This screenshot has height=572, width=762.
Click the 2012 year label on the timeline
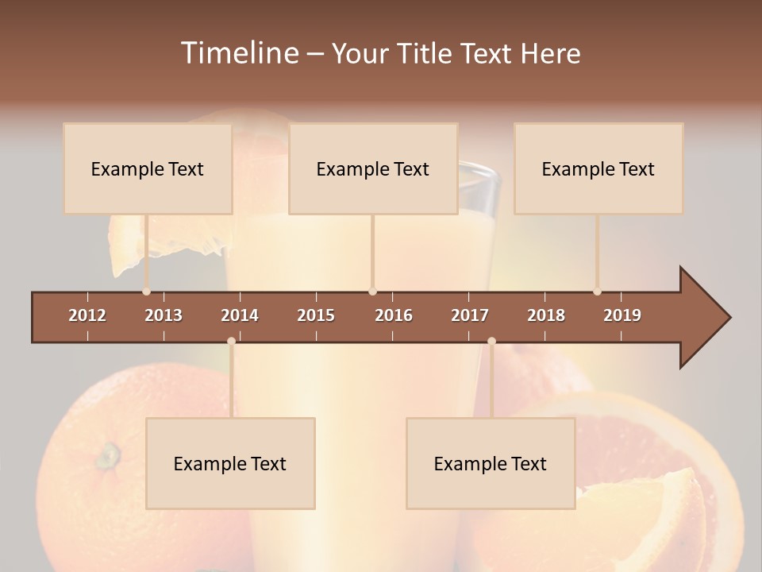tap(87, 315)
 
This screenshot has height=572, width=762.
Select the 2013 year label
tap(164, 315)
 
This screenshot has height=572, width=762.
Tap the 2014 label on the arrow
tap(240, 315)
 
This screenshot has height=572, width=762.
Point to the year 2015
tap(316, 315)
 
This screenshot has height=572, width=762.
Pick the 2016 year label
tap(394, 315)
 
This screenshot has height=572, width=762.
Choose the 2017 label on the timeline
tap(470, 315)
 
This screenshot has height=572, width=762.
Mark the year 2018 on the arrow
tap(546, 315)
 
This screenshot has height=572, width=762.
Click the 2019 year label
tap(622, 315)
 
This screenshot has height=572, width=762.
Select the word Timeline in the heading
tap(239, 53)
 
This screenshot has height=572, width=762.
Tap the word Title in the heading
tap(426, 53)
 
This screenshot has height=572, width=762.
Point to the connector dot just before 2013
tap(146, 292)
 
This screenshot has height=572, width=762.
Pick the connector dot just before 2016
tap(373, 292)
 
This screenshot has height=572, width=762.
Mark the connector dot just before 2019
tap(597, 292)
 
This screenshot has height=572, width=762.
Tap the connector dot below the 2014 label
tap(231, 341)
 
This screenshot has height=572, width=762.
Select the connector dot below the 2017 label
tap(491, 341)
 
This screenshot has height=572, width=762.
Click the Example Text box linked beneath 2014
tap(230, 463)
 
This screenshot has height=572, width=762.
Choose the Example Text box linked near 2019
tap(598, 168)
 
